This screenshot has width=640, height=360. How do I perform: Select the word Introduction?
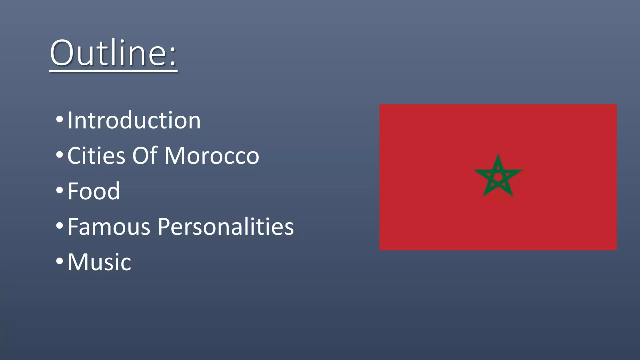(134, 120)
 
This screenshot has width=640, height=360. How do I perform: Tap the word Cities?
(96, 156)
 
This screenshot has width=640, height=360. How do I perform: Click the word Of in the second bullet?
(145, 156)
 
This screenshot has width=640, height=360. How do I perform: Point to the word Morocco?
(212, 156)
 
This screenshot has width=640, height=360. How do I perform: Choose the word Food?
(93, 191)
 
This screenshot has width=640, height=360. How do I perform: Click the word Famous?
(109, 226)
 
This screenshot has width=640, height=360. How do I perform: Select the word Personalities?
(226, 226)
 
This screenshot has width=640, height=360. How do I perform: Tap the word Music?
(99, 262)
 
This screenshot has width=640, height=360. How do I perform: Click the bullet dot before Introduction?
(59, 119)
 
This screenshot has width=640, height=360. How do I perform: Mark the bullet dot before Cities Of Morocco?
(59, 155)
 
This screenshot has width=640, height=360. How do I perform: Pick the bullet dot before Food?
(59, 190)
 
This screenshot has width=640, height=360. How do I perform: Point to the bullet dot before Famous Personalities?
(59, 225)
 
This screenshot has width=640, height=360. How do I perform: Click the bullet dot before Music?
(59, 261)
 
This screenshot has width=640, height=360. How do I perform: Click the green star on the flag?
(498, 177)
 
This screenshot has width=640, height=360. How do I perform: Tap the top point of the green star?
(498, 156)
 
